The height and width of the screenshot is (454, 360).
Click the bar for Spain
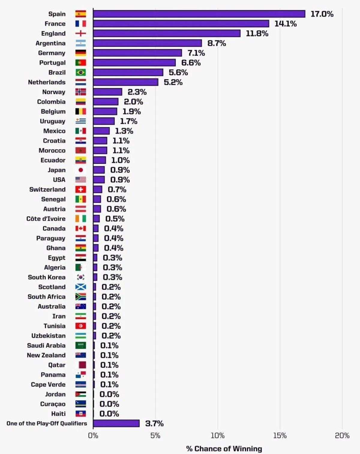coord(199,14)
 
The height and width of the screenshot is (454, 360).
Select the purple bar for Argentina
coord(147,43)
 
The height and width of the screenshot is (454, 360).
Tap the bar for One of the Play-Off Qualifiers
coord(116,423)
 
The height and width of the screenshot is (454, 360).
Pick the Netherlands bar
coord(125,82)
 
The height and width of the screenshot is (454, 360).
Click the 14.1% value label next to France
coord(285,24)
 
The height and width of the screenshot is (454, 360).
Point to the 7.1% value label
coord(196,53)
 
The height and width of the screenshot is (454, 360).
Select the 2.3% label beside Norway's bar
coord(137,92)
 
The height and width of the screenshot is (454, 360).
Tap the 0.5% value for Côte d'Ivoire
coord(115,219)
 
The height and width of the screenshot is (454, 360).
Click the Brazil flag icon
coord(80,73)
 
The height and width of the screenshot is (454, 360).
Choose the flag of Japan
coord(80,170)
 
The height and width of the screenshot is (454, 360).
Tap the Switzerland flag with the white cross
coord(80,189)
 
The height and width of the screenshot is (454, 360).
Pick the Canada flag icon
coord(80,228)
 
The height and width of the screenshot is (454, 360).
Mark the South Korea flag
coord(80,277)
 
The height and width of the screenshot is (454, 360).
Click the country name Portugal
coord(52,63)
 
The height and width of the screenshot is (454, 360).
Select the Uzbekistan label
coord(48,336)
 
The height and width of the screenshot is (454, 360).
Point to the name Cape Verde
coord(48,384)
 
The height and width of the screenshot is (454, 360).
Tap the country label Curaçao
coord(52,404)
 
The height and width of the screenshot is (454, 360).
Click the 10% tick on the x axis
coord(217,435)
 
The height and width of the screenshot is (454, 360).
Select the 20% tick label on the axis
coord(342,435)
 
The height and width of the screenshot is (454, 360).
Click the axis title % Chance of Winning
coord(224,449)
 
